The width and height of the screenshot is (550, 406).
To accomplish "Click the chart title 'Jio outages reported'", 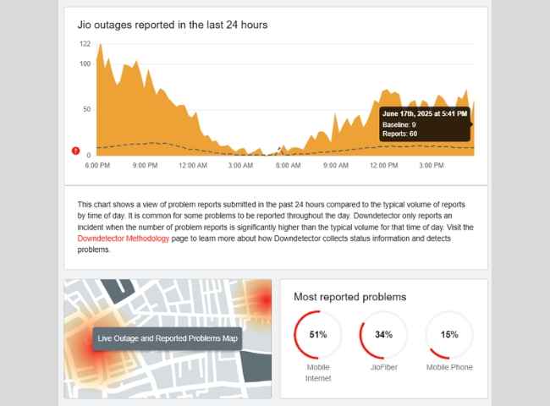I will click(x=173, y=25).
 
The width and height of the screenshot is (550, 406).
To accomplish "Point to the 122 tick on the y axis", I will click(x=85, y=44).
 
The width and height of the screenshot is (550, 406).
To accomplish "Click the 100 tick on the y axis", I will click(x=85, y=64).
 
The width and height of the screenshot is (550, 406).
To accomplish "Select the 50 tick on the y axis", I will click(x=86, y=110).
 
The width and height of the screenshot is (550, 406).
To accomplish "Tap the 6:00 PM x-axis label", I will click(x=97, y=166).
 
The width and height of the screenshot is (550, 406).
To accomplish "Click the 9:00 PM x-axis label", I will click(x=146, y=166).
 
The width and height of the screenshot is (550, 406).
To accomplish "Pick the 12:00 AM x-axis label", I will click(x=194, y=166).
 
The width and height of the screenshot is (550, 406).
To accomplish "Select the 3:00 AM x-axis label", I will click(x=241, y=166).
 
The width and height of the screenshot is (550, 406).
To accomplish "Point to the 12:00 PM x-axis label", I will click(x=384, y=166).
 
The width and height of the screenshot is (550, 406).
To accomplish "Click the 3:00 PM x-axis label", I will click(x=432, y=166).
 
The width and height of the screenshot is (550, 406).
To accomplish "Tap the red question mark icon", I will click(x=76, y=151).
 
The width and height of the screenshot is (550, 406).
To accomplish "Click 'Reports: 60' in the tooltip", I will click(x=400, y=134).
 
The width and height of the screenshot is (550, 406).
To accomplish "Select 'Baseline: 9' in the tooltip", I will click(x=399, y=124).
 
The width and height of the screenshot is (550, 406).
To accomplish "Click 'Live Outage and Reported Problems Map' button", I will click(x=168, y=339).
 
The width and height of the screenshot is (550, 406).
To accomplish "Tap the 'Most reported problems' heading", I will click(x=349, y=297).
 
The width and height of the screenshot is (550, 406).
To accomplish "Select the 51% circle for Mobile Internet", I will click(x=317, y=335).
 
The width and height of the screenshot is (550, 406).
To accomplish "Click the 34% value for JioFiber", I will click(x=383, y=335).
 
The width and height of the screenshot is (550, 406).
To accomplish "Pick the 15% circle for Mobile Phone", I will click(x=449, y=335).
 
